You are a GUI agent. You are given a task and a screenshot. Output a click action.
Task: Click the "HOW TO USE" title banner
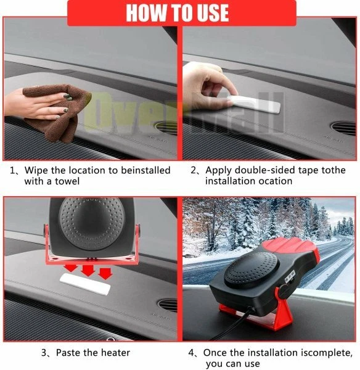[182, 12]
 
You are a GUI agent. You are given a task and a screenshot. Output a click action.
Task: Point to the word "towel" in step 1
[67, 181]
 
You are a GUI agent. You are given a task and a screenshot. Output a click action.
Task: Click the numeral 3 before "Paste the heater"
[44, 353]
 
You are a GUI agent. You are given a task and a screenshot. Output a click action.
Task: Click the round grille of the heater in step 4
[252, 269]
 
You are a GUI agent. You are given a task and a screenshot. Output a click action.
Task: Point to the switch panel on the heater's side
[290, 276]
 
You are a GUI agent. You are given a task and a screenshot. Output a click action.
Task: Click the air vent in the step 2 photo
[343, 128]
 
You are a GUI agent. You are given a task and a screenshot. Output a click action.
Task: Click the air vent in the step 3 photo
[167, 305]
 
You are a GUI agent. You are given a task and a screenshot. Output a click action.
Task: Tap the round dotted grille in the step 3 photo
[91, 223]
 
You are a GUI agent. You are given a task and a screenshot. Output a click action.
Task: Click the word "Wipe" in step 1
[36, 170]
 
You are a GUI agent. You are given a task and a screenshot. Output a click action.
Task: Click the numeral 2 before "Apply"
[194, 170]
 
